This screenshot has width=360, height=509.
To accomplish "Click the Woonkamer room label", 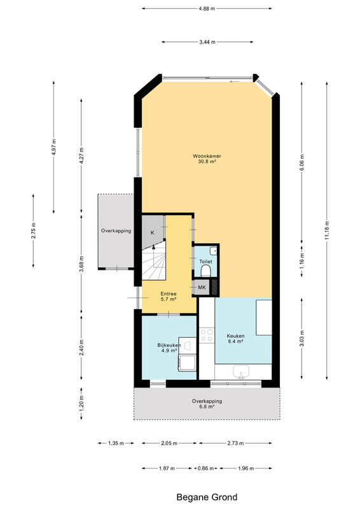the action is click(207, 156).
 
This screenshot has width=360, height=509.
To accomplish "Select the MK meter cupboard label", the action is click(202, 288).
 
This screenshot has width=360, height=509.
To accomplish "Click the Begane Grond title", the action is click(207, 497).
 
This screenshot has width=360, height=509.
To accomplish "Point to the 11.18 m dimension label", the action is click(327, 230).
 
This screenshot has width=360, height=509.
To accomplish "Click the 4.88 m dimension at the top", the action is click(207, 9).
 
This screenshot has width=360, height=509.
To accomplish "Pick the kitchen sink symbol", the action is click(241, 372).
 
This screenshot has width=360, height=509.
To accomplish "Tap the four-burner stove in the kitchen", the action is click(207, 335).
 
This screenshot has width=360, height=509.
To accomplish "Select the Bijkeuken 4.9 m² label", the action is click(169, 347).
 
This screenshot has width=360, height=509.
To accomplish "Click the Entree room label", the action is click(169, 294).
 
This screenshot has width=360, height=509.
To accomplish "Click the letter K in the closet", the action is click(152, 232).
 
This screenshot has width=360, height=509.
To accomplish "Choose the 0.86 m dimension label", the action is click(206, 468).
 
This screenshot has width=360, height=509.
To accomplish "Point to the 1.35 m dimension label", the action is click(116, 443).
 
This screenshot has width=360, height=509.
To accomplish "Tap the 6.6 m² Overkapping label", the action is click(207, 403).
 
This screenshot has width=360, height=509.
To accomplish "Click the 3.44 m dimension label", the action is click(207, 42).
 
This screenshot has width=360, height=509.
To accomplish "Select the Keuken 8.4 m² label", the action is click(236, 338).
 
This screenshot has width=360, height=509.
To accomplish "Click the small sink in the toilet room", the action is click(214, 251).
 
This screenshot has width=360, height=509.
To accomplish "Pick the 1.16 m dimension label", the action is click(302, 261).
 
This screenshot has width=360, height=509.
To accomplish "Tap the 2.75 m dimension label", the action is click(34, 230).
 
